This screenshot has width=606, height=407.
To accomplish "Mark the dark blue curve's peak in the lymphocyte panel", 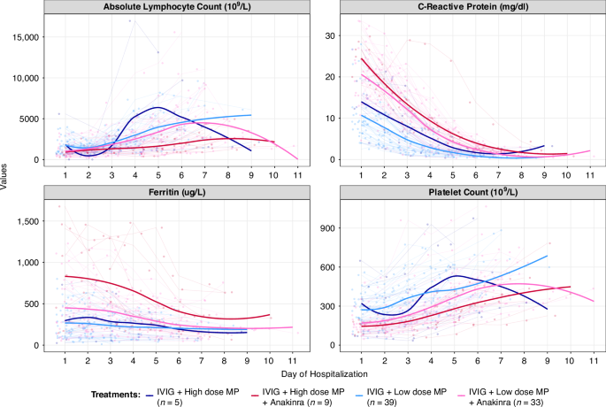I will click(157, 108).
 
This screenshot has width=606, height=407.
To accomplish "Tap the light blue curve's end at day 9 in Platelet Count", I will click(548, 256).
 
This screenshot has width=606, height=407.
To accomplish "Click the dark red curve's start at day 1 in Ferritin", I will click(65, 276).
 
